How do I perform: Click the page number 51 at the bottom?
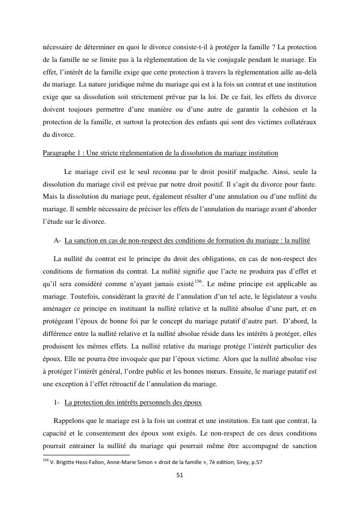pos(180,475)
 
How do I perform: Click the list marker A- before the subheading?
pos(58,240)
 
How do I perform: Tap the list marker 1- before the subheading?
pos(57,402)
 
